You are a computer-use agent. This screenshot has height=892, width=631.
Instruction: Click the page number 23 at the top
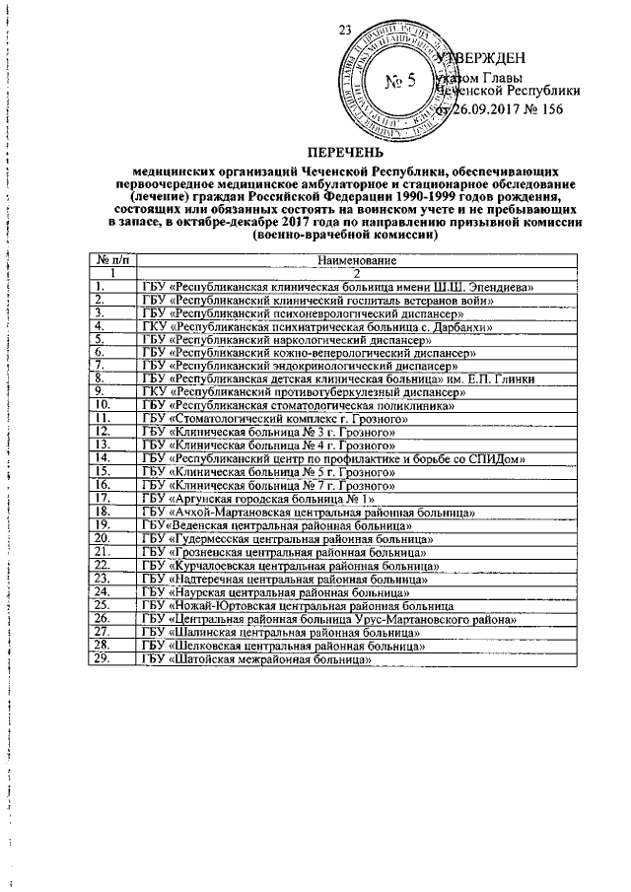(x=344, y=30)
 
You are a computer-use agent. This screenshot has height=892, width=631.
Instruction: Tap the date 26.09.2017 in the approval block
(x=480, y=109)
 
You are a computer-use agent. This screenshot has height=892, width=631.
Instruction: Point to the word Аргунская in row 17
(x=207, y=499)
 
